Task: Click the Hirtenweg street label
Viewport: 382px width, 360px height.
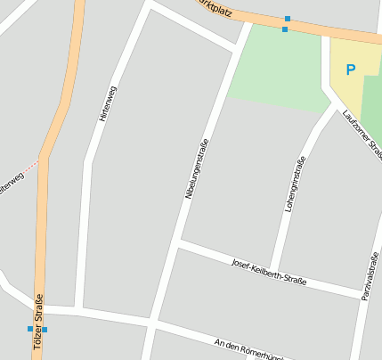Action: (109, 102)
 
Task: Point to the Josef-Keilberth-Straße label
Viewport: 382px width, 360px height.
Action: (268, 271)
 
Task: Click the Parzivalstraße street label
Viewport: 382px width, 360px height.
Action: (369, 275)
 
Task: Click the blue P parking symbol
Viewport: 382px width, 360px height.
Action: (350, 69)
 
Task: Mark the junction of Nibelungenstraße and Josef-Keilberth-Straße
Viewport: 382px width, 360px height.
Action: (178, 242)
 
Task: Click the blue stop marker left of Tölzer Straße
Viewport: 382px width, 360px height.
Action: (29, 328)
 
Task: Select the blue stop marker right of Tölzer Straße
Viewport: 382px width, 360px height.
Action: (45, 329)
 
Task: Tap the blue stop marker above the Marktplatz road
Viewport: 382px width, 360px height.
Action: (288, 18)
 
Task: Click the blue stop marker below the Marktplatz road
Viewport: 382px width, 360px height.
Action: (285, 29)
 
